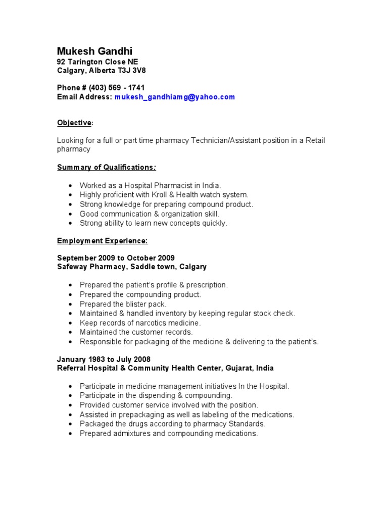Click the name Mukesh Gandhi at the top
[94, 51]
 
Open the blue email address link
[174, 97]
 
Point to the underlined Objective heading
[74, 123]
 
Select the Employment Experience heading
[102, 241]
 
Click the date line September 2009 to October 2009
[116, 258]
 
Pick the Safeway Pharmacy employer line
[131, 267]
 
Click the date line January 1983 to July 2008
[104, 359]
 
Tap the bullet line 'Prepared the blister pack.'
[123, 304]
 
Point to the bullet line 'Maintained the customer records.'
[136, 332]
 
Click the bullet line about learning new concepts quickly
[154, 223]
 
